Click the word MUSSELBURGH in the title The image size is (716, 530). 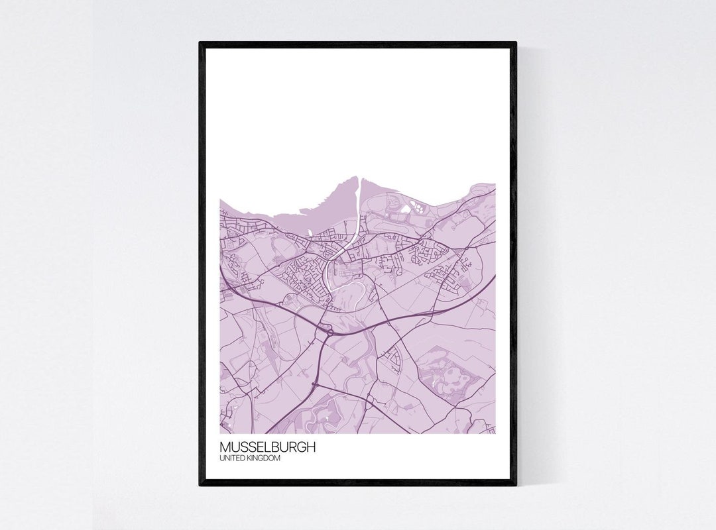(267, 447)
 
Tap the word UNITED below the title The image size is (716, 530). (231, 458)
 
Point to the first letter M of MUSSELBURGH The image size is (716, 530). (224, 447)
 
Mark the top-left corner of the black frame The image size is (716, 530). (200, 43)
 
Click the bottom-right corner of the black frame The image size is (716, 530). (516, 485)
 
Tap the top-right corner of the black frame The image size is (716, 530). (516, 43)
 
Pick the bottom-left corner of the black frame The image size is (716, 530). (200, 485)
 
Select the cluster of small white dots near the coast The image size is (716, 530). (418, 206)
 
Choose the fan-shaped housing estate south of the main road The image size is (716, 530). (394, 357)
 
